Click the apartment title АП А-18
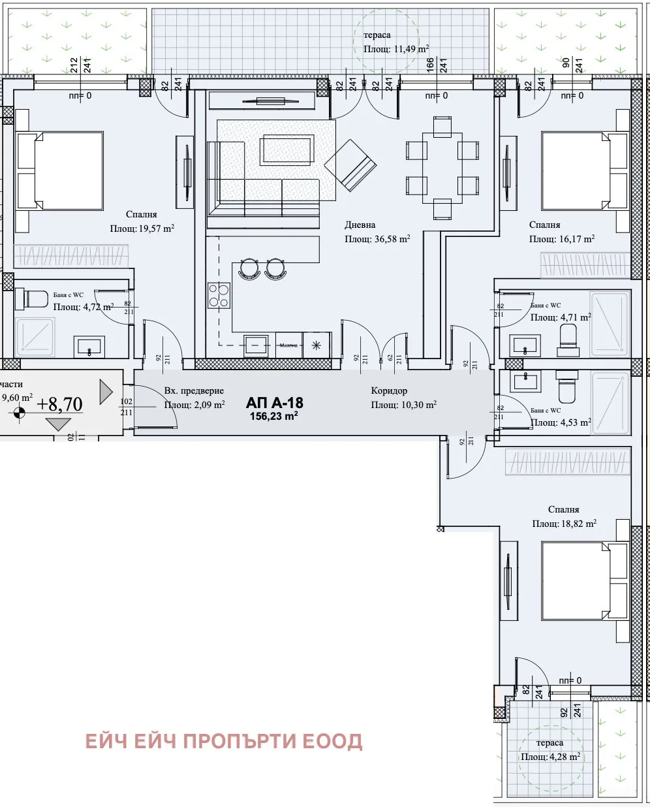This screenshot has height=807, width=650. coord(274,402)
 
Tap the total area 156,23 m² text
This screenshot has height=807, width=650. coord(274,416)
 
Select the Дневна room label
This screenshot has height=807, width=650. coord(360,225)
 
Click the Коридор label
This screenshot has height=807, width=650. coord(389,390)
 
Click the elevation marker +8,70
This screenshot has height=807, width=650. coord(59,404)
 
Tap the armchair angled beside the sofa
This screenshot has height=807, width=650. coord(350,165)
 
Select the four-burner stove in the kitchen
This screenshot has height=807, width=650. coord(219,295)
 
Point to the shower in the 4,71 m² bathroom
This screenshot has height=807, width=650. coord(610,323)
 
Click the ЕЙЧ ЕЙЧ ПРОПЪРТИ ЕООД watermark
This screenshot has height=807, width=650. coord(224,741)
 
